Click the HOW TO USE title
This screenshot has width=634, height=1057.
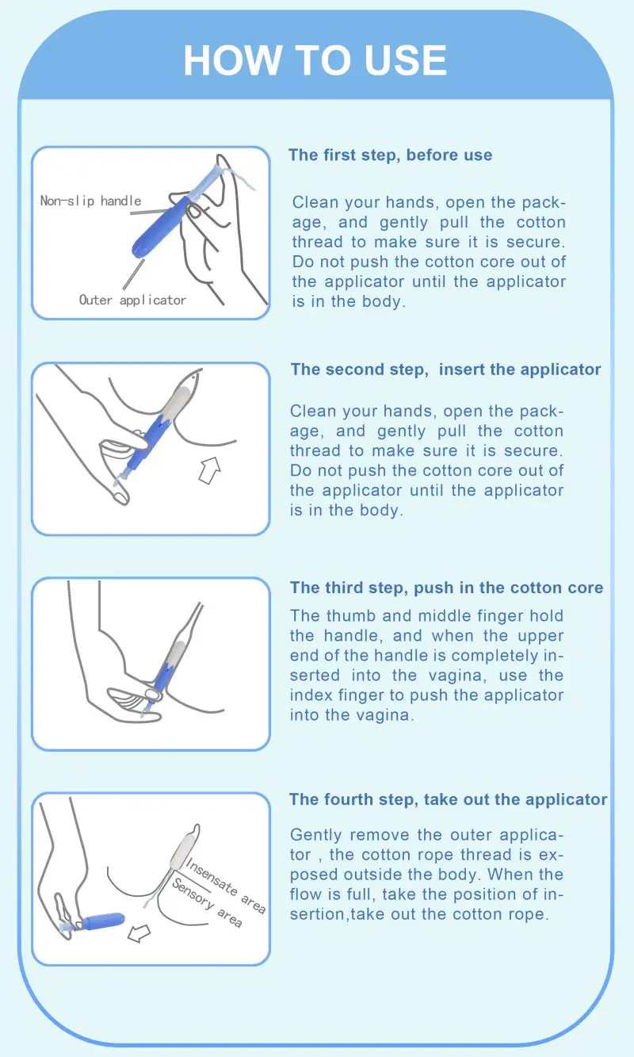pos(315,60)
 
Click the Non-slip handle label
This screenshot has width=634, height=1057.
pos(90,201)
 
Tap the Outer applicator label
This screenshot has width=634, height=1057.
pos(132,300)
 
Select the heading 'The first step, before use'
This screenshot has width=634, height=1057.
pos(391,155)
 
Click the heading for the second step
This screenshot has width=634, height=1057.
pos(445,369)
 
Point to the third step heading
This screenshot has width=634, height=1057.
pos(447,588)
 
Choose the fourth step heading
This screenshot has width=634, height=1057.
pos(448,799)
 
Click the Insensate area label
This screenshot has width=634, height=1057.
pos(226,885)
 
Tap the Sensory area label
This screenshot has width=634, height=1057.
pos(208,902)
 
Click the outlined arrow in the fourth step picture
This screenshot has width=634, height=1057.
pos(139,933)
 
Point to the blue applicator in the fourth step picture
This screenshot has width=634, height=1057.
pos(102,921)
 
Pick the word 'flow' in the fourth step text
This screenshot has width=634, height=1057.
pos(305,894)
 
